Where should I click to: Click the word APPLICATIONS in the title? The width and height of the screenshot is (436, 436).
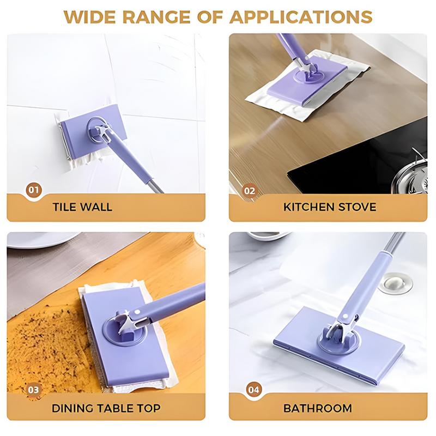(301, 16)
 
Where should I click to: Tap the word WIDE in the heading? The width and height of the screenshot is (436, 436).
(91, 16)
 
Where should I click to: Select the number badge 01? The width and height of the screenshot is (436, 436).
(34, 190)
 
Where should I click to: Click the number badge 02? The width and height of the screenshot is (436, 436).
(249, 190)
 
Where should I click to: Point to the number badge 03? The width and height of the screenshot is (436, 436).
(34, 390)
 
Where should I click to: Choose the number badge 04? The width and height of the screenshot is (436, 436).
(254, 390)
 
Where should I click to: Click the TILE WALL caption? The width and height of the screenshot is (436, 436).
(83, 207)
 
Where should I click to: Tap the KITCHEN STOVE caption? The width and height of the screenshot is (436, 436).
(330, 207)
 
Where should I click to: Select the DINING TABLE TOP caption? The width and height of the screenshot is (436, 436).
(106, 408)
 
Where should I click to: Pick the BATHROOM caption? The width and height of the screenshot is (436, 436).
(325, 408)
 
